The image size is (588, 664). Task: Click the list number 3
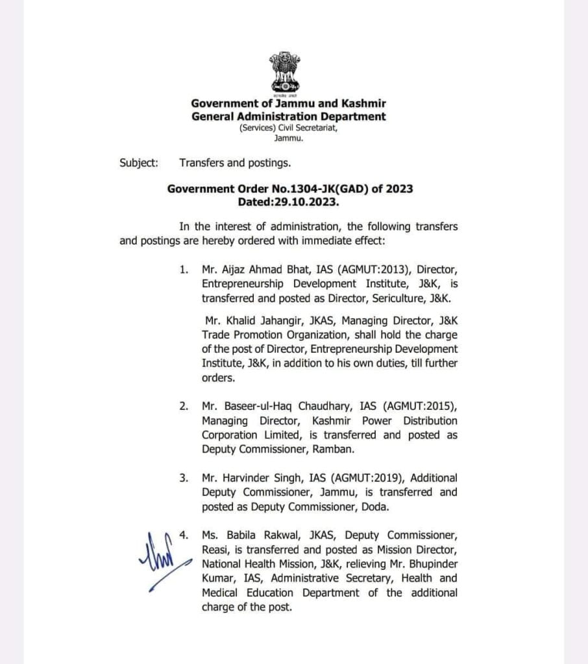coord(184,478)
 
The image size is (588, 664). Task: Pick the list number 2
coord(184,406)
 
